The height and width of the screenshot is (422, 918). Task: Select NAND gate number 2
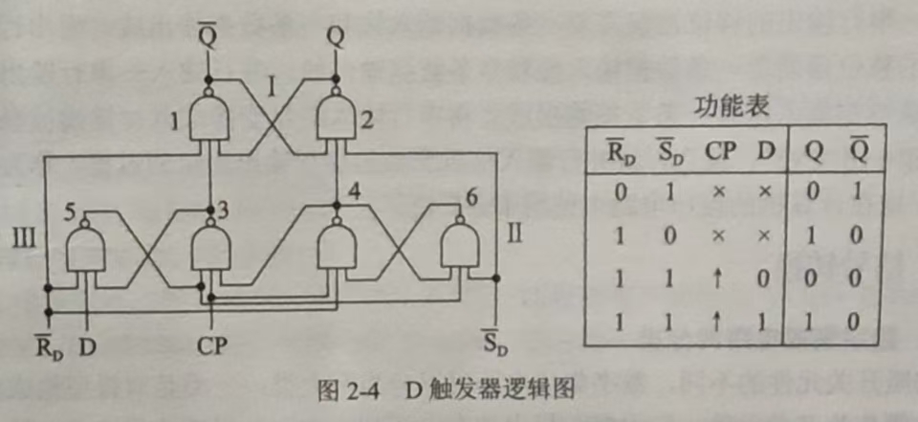[x=338, y=117]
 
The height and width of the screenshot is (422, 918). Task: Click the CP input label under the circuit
[x=213, y=344]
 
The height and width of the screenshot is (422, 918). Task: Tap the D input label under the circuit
[x=87, y=344]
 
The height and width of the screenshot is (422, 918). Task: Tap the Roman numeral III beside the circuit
[x=23, y=234]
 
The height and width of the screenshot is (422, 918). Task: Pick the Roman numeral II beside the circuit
[x=514, y=233]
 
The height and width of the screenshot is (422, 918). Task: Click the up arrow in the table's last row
[x=718, y=322]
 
